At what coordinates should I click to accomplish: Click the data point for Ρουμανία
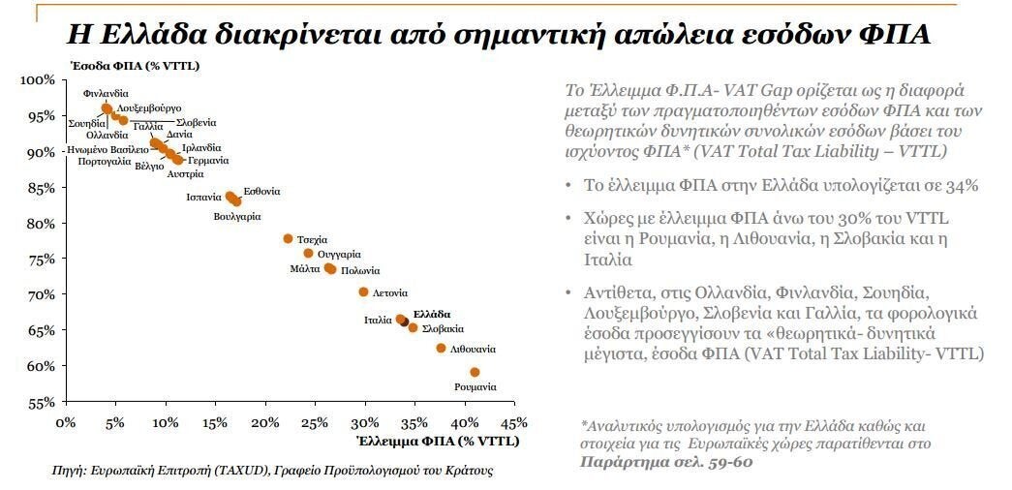475,372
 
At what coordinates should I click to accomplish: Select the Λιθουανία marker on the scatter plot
441,348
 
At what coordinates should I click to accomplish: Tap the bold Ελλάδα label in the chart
432,314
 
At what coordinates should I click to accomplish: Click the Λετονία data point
363,291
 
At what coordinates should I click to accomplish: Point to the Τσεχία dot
288,238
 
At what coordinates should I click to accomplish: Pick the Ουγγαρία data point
309,254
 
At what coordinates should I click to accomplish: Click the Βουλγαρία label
237,216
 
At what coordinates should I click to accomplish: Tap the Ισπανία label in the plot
204,197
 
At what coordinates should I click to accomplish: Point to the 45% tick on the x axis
513,422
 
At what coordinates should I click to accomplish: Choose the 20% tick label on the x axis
263,422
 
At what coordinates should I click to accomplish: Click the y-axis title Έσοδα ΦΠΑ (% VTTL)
122,65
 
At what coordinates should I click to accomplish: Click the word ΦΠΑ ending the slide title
895,35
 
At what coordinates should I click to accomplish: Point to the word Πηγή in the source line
70,471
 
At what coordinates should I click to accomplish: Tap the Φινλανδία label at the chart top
106,94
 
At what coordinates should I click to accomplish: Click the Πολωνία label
360,270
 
